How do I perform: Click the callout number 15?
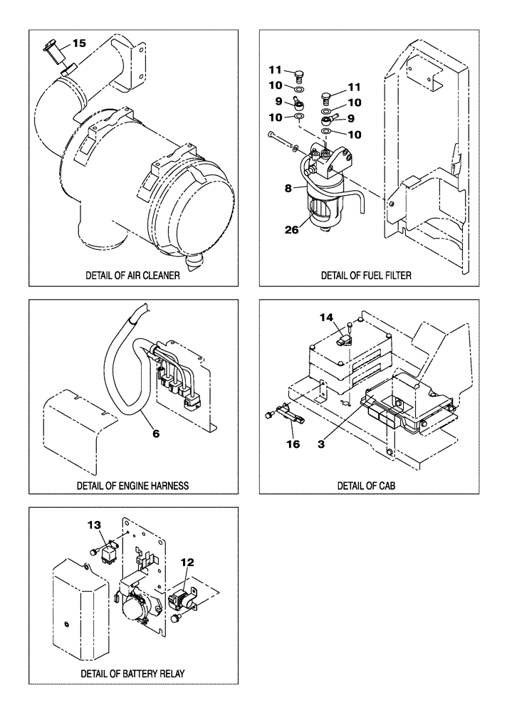78,43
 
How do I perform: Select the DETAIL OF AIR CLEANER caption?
132,276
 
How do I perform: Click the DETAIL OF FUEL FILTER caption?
366,276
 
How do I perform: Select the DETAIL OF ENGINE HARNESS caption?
132,486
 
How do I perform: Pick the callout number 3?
321,442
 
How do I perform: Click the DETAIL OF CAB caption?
366,486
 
